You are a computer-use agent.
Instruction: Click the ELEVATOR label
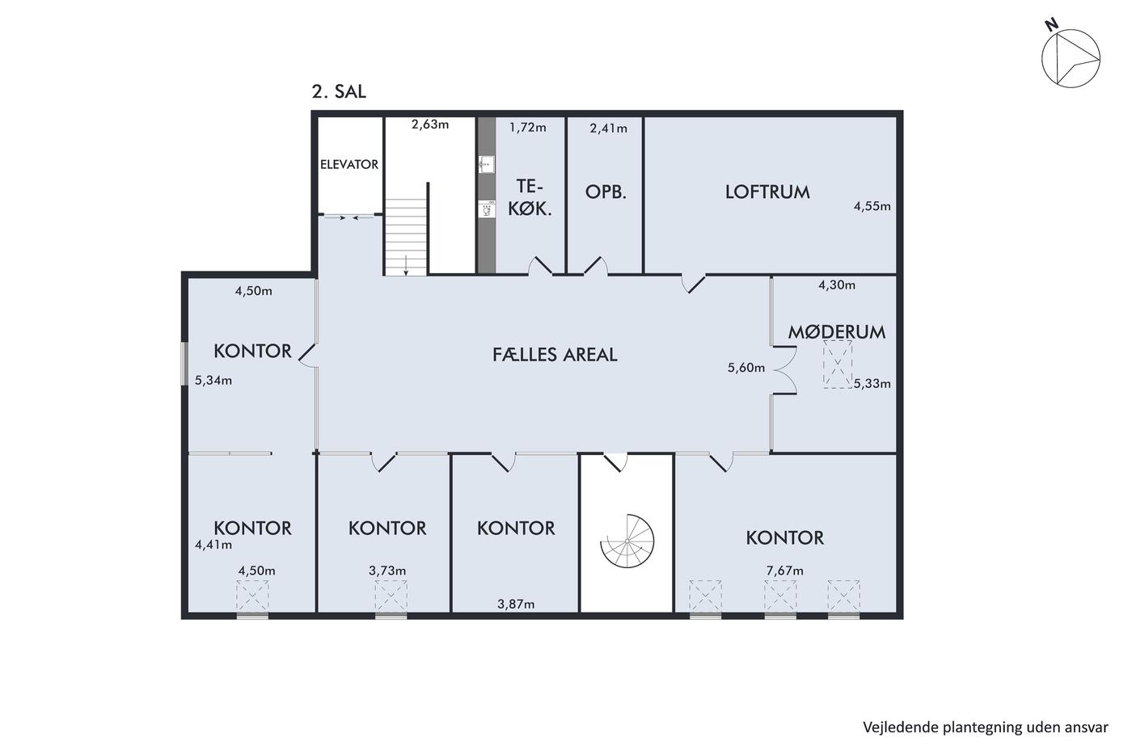coord(349,165)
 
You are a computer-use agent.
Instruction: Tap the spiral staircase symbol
coord(627,541)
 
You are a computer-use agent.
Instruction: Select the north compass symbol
coord(1069,56)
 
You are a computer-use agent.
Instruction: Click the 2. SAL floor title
coord(339,91)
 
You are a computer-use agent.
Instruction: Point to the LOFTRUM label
coord(767,192)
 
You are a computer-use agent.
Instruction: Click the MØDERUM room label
coord(837,332)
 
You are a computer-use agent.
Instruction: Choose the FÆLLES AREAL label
coord(555,355)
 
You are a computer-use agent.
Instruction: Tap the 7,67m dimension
coord(785,571)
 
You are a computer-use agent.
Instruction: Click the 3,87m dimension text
coord(516,604)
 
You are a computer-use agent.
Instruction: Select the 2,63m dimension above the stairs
coord(430,124)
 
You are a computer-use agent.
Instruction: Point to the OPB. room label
coord(606,192)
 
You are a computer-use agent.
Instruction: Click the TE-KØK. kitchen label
coord(530,197)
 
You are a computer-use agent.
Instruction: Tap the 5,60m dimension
coord(746,368)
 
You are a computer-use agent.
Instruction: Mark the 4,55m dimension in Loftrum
coord(872,206)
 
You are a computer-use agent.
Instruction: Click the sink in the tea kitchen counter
coord(486,164)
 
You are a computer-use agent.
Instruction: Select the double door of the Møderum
coord(785,370)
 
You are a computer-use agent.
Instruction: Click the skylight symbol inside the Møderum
coord(838,364)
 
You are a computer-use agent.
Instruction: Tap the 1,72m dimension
coord(527,127)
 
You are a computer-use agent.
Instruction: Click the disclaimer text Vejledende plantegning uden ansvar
coord(986,728)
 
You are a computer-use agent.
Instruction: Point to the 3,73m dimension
coord(387,571)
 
